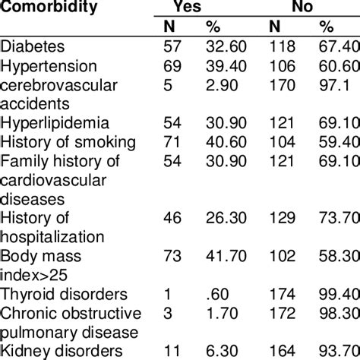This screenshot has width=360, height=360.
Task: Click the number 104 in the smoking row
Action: click(x=283, y=142)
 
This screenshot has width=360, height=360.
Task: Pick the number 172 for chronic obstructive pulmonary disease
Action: click(x=283, y=312)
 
